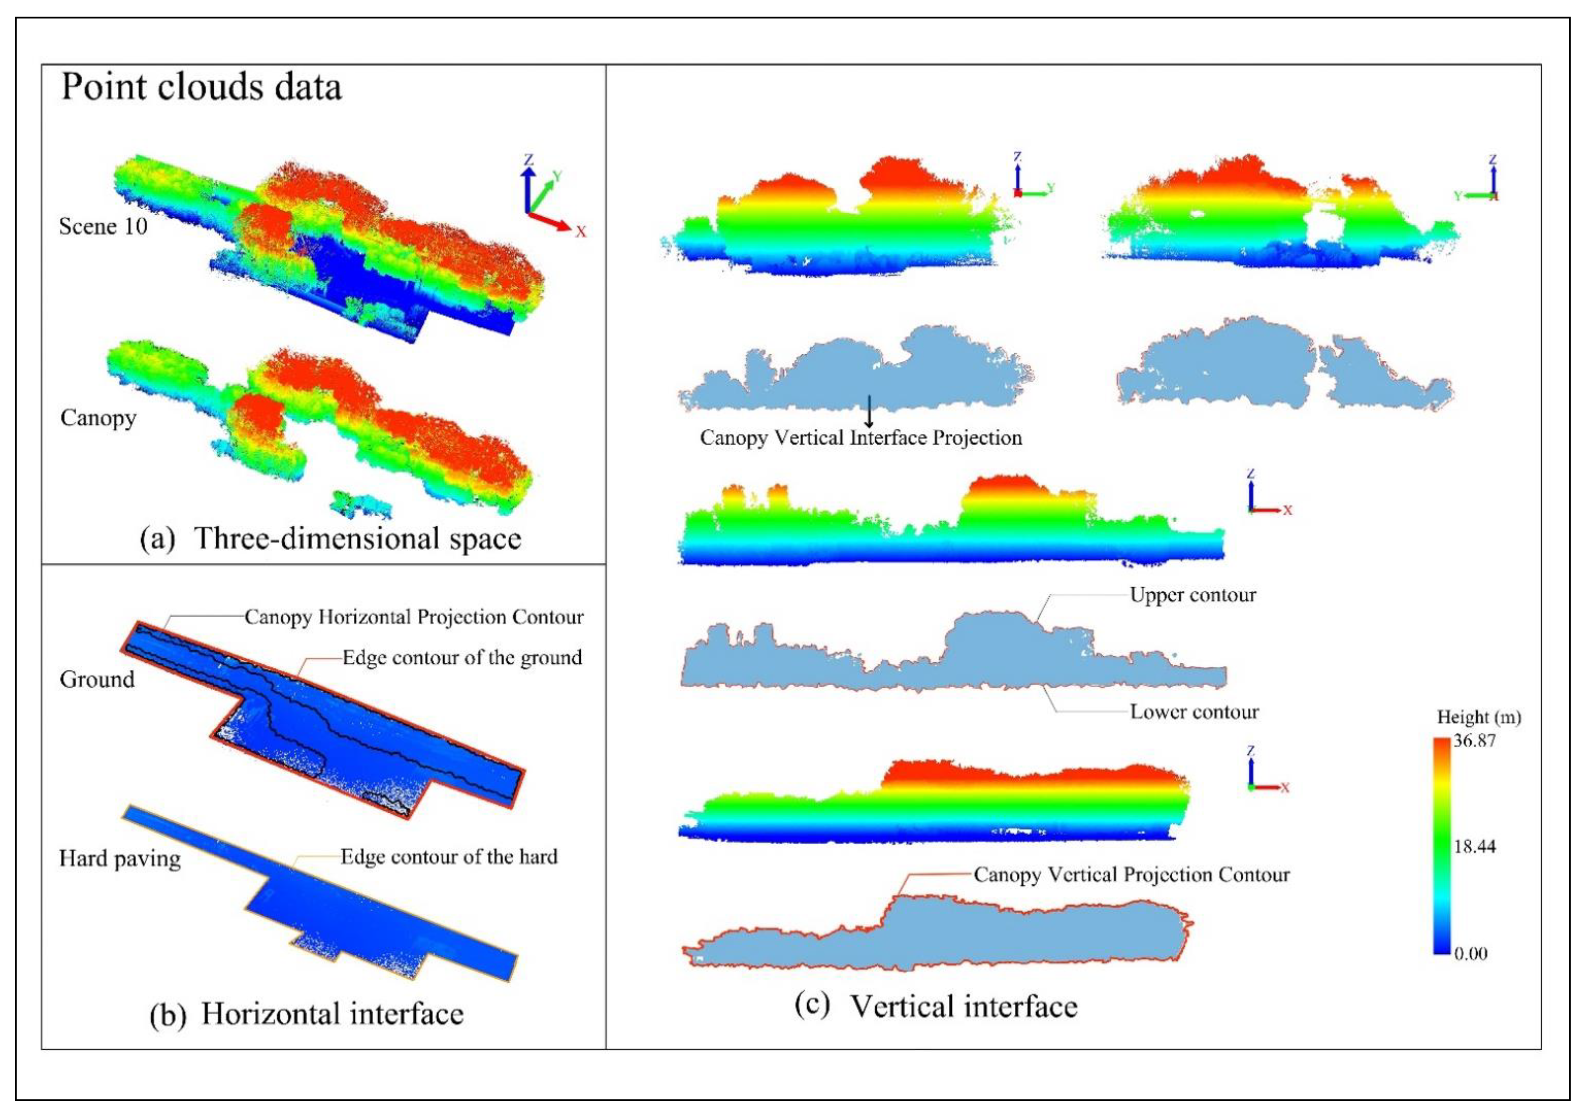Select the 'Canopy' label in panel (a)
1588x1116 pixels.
tap(98, 418)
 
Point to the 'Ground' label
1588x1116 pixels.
tap(97, 680)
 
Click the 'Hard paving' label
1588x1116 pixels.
tap(120, 859)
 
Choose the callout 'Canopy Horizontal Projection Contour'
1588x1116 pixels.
tap(413, 617)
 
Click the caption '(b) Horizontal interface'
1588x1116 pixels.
tap(307, 1014)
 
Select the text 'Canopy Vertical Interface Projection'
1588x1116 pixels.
tap(860, 438)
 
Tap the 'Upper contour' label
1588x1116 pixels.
tap(1192, 595)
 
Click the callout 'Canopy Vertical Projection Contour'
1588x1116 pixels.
tap(1132, 875)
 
